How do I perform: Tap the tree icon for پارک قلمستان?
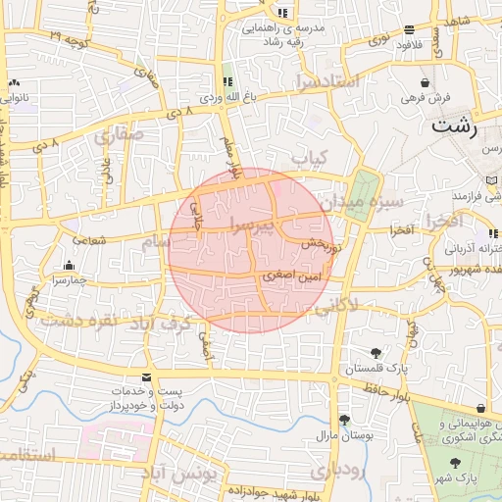pyautogui.click(x=376, y=353)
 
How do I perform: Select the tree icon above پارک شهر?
pyautogui.click(x=454, y=462)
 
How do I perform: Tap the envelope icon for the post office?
pyautogui.click(x=146, y=377)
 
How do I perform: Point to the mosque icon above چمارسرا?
pyautogui.click(x=69, y=265)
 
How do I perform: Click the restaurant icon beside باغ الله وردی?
pyautogui.click(x=215, y=82)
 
